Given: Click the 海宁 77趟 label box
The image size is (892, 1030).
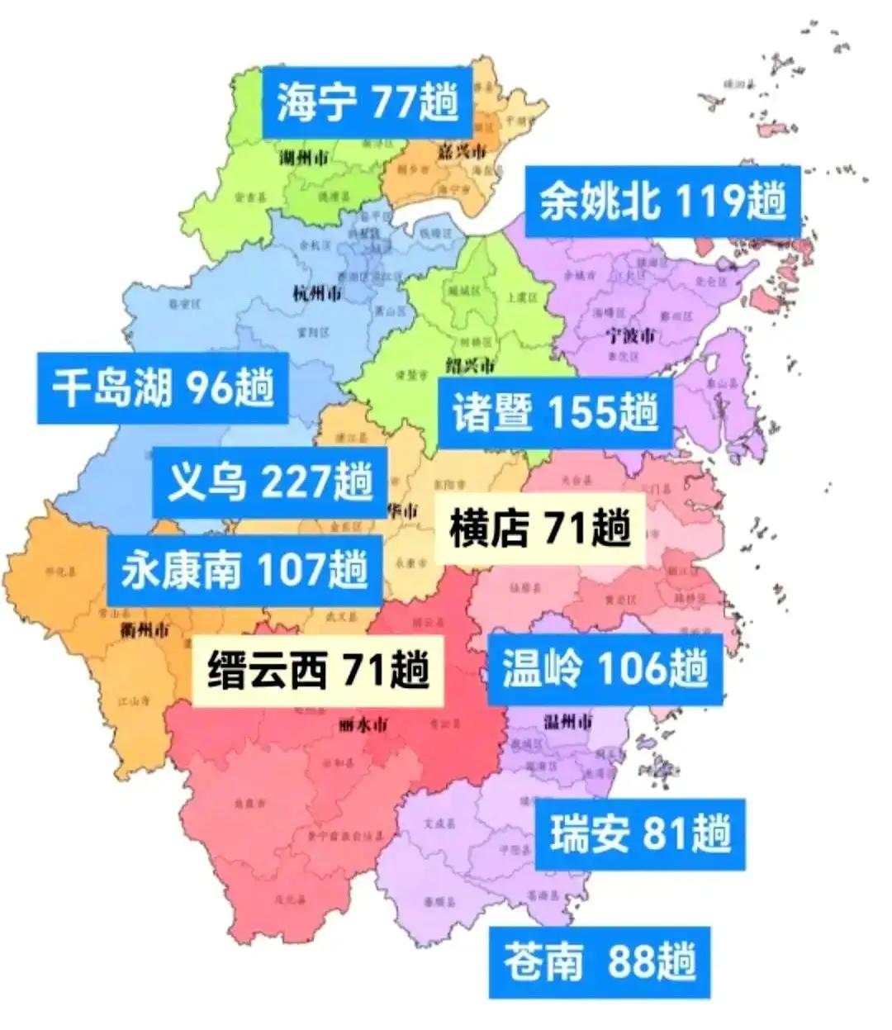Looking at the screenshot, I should [367, 103].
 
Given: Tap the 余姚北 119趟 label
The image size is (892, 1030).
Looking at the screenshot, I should [662, 201].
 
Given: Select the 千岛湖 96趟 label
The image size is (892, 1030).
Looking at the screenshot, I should [163, 387].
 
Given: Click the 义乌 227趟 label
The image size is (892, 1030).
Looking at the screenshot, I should [270, 482].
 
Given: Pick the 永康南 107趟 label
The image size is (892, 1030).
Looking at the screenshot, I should [244, 570].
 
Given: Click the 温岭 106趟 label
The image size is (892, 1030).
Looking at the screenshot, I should [605, 668].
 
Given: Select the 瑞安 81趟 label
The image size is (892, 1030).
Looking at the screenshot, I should [640, 833].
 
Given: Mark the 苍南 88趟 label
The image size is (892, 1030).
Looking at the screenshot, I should [600, 962].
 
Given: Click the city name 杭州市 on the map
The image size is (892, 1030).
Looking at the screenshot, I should [317, 293].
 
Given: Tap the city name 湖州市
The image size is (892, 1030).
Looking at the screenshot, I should [301, 157].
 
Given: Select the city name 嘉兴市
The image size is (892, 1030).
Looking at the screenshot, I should [460, 150].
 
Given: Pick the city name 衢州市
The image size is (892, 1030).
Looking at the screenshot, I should [144, 630].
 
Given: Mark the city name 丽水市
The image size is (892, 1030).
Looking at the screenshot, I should [363, 726].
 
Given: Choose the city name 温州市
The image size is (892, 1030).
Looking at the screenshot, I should [567, 721].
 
